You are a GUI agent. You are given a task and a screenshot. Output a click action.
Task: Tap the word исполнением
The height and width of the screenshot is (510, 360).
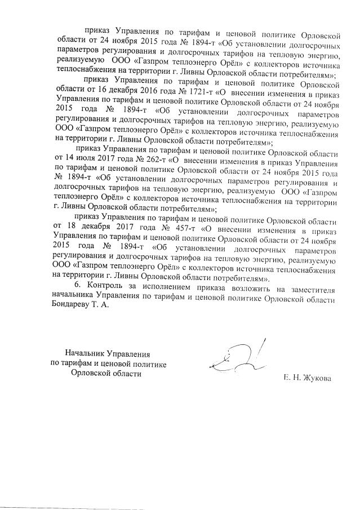coord(164,289)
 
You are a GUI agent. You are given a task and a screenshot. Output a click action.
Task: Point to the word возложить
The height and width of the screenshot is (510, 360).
coord(247,289)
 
